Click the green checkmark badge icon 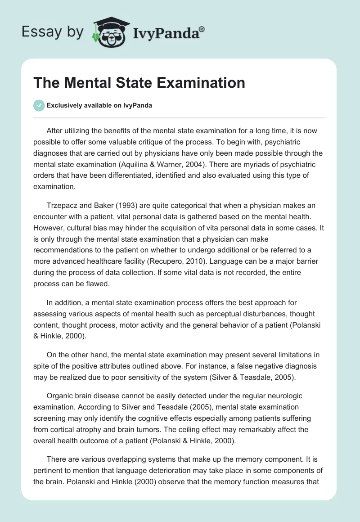coord(39,105)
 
